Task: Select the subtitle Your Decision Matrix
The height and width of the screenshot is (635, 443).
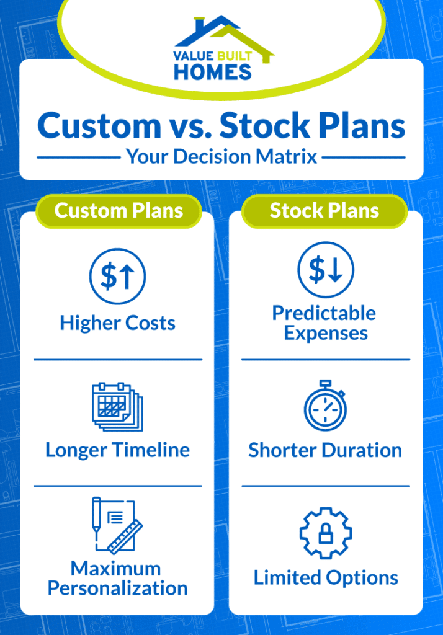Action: pos(221,156)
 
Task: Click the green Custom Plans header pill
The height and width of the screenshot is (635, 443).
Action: pos(119,211)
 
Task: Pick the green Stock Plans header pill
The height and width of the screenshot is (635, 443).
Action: pos(324,211)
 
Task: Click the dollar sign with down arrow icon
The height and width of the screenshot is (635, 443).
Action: pos(325,270)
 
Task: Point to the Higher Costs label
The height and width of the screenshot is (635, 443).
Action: pos(117,323)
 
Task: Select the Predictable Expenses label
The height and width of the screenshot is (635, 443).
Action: pos(325,322)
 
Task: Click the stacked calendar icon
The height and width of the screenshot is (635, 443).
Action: pos(117,407)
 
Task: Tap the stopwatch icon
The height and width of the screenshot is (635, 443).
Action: pos(325,406)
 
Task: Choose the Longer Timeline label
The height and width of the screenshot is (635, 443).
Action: pos(117,450)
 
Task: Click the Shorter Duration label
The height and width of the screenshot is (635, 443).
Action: pos(325,450)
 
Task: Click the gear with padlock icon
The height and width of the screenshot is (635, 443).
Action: pos(325,533)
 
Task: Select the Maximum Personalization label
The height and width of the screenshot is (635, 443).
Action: pos(117,578)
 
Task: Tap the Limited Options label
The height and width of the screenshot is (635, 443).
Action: pos(325,578)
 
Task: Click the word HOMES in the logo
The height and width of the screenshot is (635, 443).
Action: pos(213,72)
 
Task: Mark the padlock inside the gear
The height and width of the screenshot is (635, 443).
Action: pos(325,535)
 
